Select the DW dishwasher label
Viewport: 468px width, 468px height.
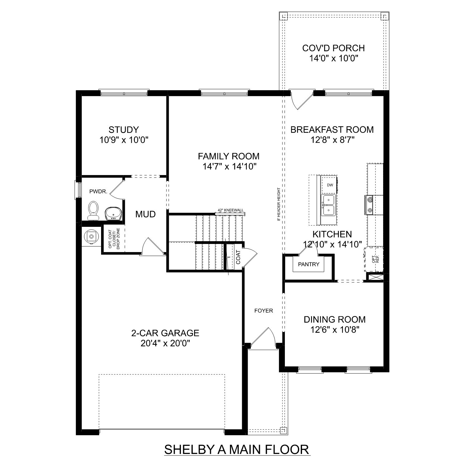pyautogui.click(x=330, y=185)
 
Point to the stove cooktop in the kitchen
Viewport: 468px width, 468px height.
pyautogui.click(x=370, y=205)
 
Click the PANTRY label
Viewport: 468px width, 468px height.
pyautogui.click(x=309, y=264)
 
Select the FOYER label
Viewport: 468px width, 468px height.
pyautogui.click(x=264, y=310)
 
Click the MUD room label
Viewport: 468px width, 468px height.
pyautogui.click(x=145, y=214)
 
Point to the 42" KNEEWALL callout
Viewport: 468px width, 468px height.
pyautogui.click(x=231, y=211)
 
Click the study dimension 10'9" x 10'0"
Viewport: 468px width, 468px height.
pyautogui.click(x=124, y=140)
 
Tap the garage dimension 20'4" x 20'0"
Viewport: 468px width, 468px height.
pyautogui.click(x=165, y=344)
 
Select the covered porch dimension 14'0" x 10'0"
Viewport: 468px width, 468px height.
pyautogui.click(x=333, y=58)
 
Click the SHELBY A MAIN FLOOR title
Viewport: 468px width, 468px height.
pyautogui.click(x=237, y=450)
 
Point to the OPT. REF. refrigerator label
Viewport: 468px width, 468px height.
pyautogui.click(x=375, y=259)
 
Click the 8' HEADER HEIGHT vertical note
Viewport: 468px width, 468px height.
pyautogui.click(x=278, y=204)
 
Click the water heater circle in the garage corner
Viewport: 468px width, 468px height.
pyautogui.click(x=91, y=236)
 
